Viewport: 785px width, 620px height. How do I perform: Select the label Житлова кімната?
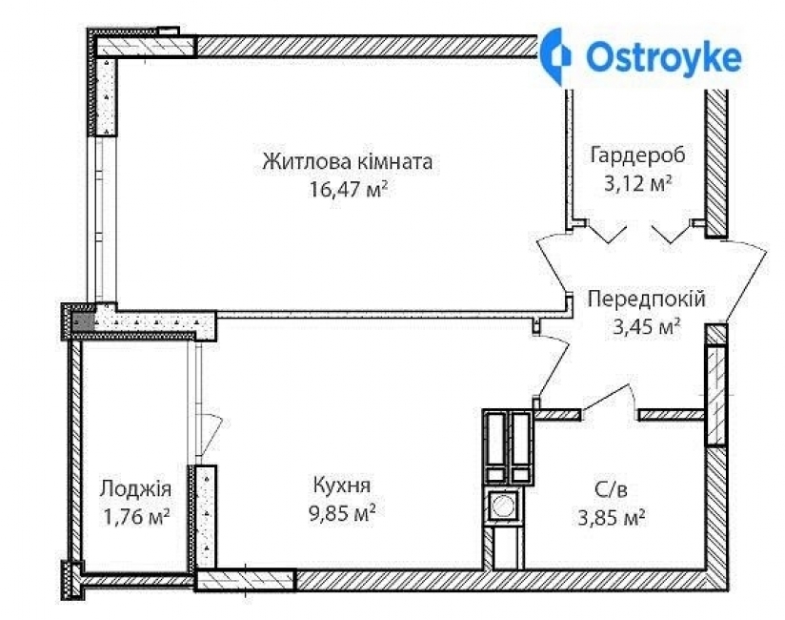(x=348, y=161)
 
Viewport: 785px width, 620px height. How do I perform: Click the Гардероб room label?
(x=631, y=155)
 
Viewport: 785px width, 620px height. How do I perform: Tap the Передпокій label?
(x=646, y=300)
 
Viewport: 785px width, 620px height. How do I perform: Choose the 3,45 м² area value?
(x=646, y=327)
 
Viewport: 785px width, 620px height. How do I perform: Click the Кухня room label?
(x=341, y=485)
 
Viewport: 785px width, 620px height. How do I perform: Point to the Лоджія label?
(x=135, y=489)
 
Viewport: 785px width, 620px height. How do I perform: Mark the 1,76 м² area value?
(x=134, y=517)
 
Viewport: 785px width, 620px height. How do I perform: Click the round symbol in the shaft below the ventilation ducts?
(x=502, y=505)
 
